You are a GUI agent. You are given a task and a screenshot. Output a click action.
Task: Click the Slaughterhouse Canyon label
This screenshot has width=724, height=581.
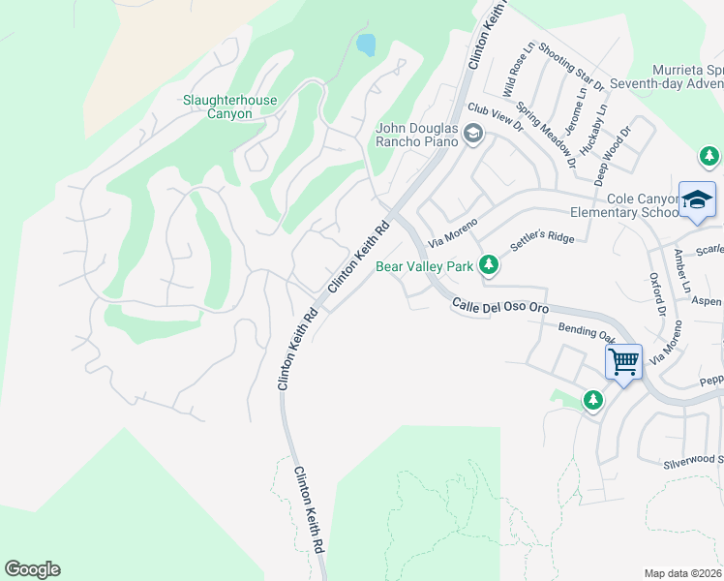coord(230,107)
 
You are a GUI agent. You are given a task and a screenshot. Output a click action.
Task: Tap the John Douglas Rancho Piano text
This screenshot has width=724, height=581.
coord(416,134)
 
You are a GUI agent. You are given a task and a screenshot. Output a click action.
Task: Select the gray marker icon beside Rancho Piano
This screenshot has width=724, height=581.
coord(473,135)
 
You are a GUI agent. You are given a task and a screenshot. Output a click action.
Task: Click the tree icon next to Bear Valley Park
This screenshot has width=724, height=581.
coord(489,264)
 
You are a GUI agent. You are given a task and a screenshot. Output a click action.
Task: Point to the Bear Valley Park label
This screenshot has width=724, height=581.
coord(424,265)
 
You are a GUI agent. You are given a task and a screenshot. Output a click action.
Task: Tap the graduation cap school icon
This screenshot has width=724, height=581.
coord(697,199)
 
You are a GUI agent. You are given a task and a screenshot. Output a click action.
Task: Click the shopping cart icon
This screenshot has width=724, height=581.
coord(624,363)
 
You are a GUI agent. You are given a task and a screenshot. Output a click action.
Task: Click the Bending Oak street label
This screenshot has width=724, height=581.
coord(587,333)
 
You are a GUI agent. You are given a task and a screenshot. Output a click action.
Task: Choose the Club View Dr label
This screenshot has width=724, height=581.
coord(495,118)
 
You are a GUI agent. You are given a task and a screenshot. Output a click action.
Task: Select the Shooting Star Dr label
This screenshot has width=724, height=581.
coord(571,67)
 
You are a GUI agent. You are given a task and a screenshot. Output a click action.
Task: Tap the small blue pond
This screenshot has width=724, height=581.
coord(366,44)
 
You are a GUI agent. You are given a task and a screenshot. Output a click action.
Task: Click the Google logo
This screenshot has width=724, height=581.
coord(32,569)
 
